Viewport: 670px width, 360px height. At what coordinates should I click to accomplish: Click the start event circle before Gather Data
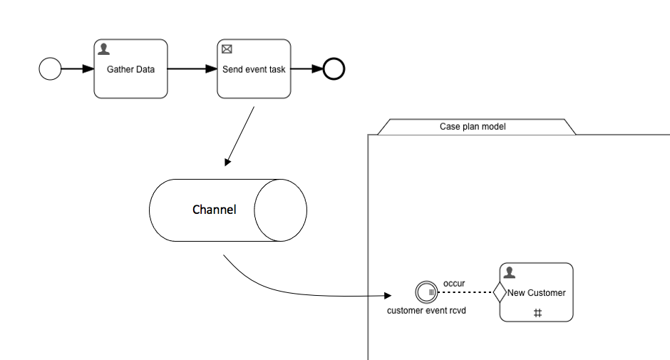coord(50,69)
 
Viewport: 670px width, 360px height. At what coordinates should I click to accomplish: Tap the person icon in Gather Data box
coord(104,49)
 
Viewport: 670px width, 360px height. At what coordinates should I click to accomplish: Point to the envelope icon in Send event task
coord(227,49)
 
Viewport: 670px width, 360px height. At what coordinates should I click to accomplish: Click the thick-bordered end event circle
coord(334,69)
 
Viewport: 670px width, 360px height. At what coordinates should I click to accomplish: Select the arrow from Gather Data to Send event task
coord(192,69)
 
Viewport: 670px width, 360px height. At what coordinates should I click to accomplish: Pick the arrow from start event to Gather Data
coord(77,69)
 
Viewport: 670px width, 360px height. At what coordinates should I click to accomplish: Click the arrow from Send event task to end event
coord(306,69)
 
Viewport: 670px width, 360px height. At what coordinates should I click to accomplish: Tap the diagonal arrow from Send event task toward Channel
coord(240,136)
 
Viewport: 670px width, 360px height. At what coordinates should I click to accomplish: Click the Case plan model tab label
coord(476,127)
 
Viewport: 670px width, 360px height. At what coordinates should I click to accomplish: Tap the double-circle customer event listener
coord(426,292)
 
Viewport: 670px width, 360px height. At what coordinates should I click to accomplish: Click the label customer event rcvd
coord(426,311)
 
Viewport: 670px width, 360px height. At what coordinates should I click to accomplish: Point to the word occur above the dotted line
coord(454,283)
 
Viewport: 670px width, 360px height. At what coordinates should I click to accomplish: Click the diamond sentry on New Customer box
coord(499,292)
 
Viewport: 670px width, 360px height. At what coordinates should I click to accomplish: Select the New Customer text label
coord(536,293)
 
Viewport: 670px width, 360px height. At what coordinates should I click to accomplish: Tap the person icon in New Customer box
coord(510,272)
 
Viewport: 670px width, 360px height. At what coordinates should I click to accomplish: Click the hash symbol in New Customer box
coord(537,313)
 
